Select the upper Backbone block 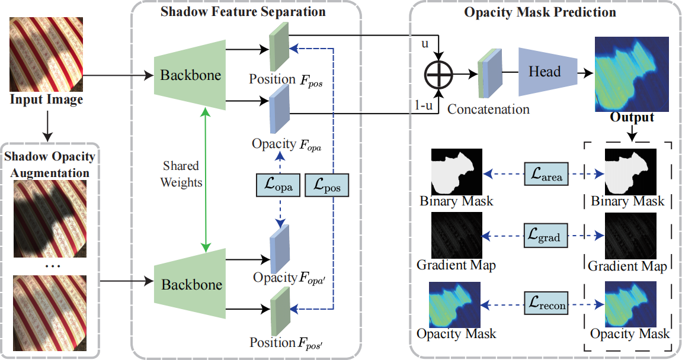click(190, 75)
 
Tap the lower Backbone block click(191, 284)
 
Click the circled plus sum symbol click(438, 74)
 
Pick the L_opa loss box click(278, 186)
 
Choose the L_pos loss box click(326, 186)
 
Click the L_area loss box click(545, 174)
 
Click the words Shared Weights click(181, 174)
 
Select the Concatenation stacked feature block click(490, 73)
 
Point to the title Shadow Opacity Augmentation click(49, 164)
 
